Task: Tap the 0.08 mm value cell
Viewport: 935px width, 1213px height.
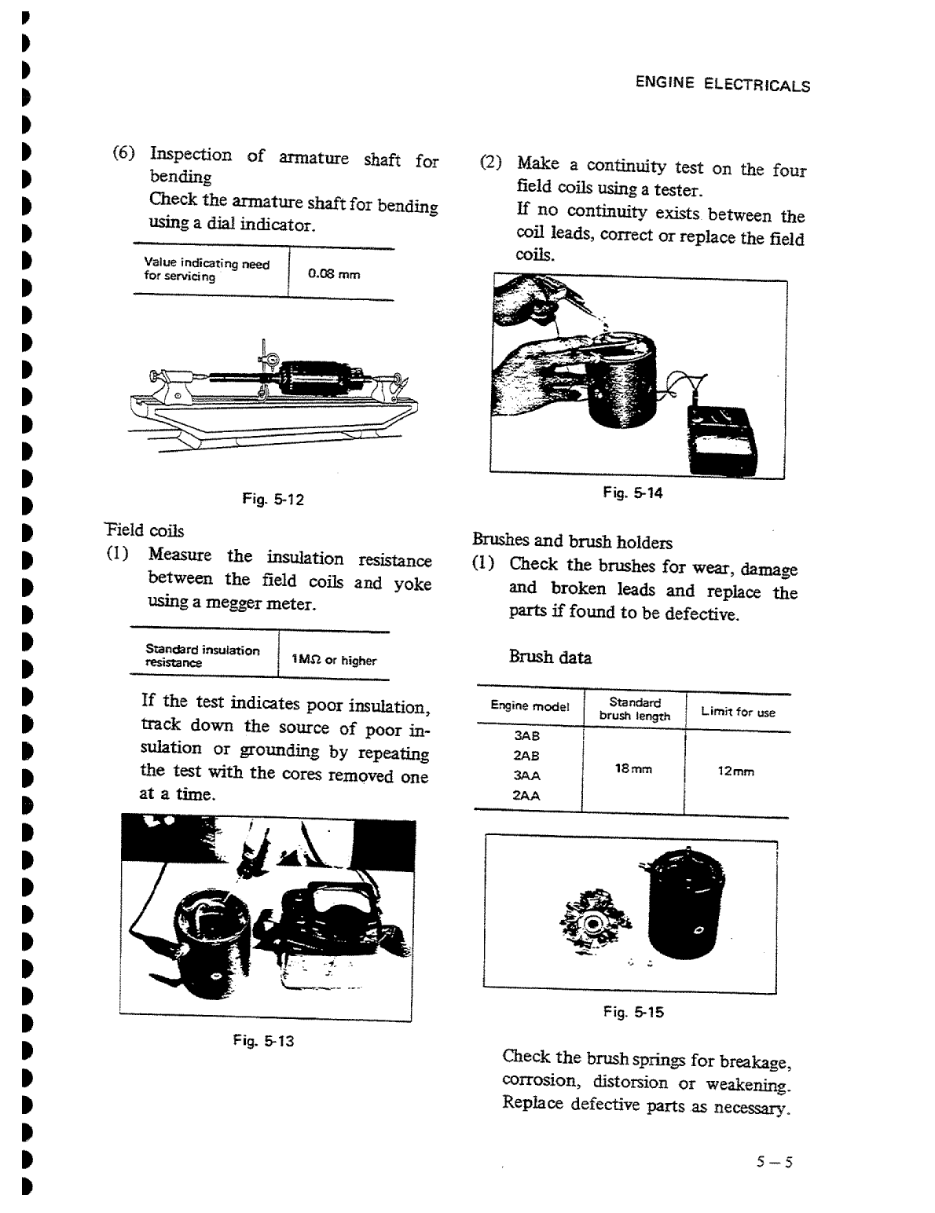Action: pyautogui.click(x=334, y=274)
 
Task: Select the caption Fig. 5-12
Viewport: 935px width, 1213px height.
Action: pyautogui.click(x=273, y=499)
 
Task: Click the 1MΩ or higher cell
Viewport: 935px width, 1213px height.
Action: pyautogui.click(x=334, y=661)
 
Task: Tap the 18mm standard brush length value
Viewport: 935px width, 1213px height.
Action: pyautogui.click(x=633, y=770)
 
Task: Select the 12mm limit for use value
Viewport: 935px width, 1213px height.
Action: pyautogui.click(x=736, y=771)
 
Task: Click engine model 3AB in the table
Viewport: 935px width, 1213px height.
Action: pyautogui.click(x=526, y=737)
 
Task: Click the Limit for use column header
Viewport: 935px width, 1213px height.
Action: pyautogui.click(x=738, y=713)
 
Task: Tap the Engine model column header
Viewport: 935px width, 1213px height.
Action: pyautogui.click(x=530, y=706)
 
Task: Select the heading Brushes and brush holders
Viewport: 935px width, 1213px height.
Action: pyautogui.click(x=572, y=541)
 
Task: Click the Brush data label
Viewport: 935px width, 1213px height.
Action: pyautogui.click(x=550, y=658)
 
